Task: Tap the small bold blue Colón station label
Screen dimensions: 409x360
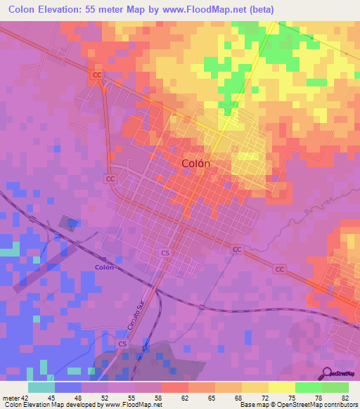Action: click(104, 267)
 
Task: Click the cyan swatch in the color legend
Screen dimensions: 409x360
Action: click(41, 387)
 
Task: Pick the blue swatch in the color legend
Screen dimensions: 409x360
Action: click(68, 387)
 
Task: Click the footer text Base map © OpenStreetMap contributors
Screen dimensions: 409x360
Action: click(298, 405)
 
